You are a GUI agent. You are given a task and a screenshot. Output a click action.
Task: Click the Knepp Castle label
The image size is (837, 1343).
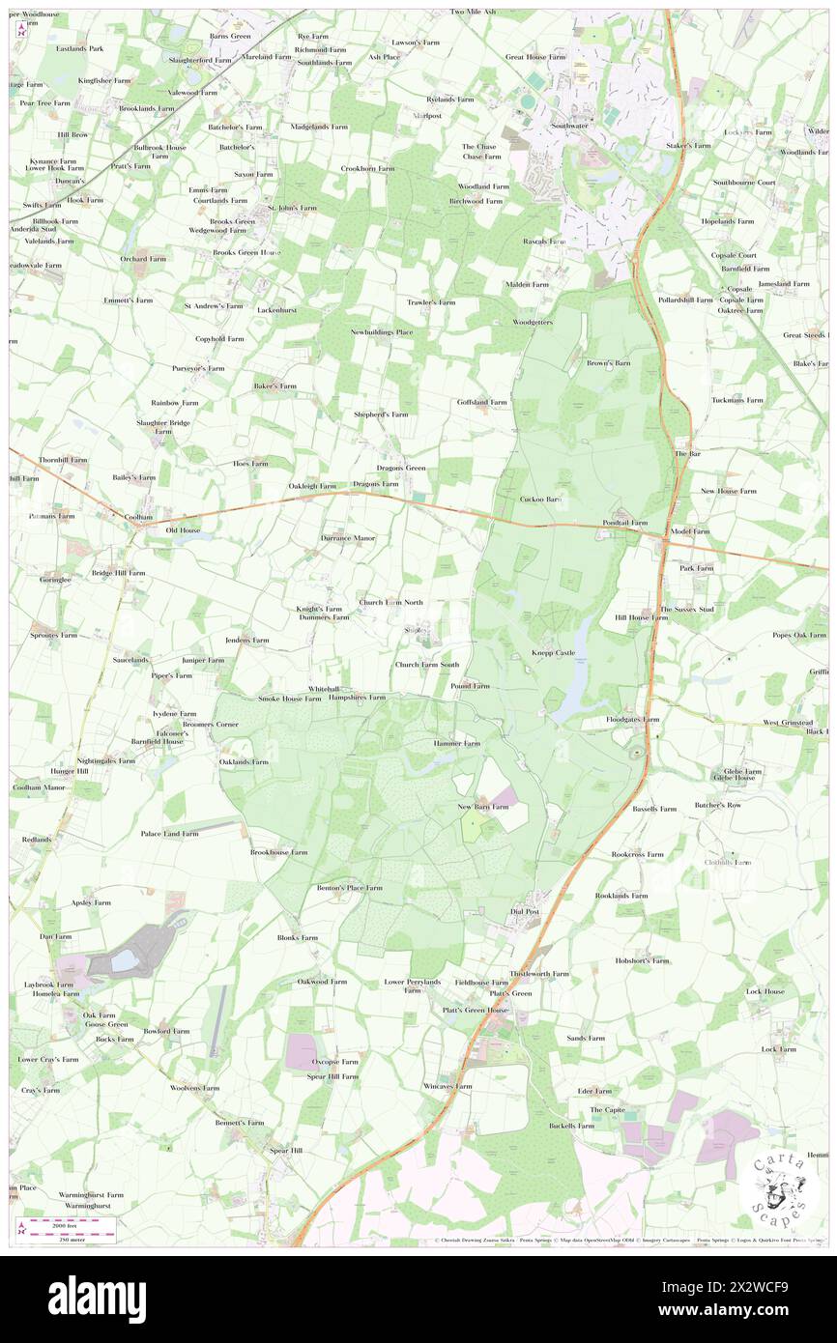point(553,653)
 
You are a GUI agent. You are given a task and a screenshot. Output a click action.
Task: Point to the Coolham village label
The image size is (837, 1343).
point(138,517)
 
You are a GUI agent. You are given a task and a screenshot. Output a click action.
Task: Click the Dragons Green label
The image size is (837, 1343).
point(401,469)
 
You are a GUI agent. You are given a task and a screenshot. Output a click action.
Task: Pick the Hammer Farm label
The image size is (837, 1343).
point(457,743)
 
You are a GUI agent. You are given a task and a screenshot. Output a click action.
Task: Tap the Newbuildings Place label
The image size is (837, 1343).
point(382,332)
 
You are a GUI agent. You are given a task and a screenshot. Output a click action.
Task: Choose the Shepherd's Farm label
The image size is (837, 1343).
point(381,414)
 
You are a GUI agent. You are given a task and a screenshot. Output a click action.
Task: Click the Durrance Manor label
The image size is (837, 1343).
point(348,537)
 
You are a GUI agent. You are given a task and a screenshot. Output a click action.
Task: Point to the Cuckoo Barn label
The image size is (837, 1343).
point(541,500)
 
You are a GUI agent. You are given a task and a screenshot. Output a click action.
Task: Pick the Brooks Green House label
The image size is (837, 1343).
point(246,252)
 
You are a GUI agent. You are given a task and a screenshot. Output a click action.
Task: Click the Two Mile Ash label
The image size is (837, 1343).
point(474,12)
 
